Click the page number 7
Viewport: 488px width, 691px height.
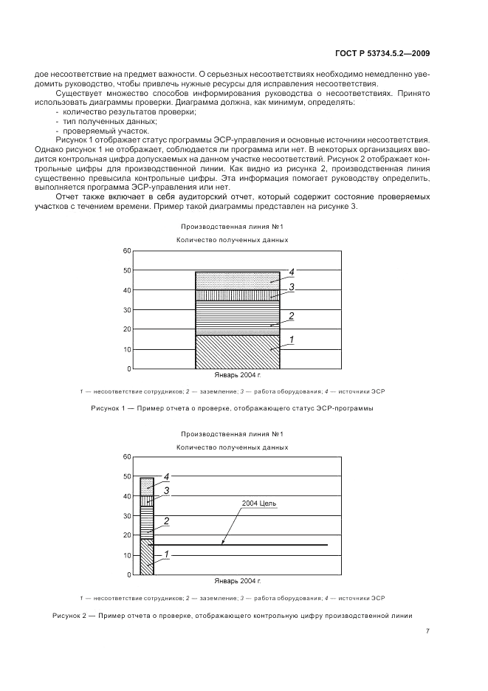click(x=428, y=630)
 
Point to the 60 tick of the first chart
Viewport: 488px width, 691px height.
click(x=127, y=251)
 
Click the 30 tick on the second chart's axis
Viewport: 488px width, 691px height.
click(x=127, y=516)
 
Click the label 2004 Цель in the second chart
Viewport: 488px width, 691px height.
click(x=258, y=503)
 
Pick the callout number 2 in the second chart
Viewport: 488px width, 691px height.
click(x=167, y=521)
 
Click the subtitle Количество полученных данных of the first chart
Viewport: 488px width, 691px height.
click(x=232, y=240)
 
